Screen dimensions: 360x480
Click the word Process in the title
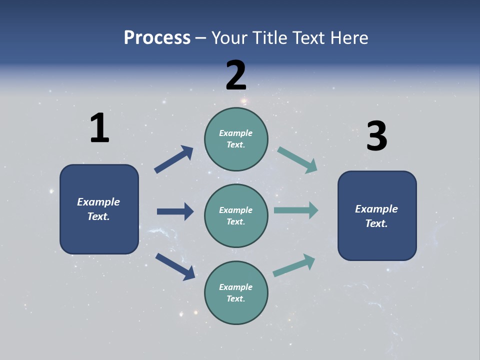(x=157, y=38)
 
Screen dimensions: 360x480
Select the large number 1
(x=99, y=128)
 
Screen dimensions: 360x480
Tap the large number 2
(x=236, y=75)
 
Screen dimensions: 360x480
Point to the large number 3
(x=376, y=136)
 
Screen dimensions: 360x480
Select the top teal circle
(x=236, y=139)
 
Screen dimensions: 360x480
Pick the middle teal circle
(x=236, y=215)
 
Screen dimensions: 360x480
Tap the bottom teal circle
(x=236, y=292)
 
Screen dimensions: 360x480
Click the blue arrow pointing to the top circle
(x=174, y=159)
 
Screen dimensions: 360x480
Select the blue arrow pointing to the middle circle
(x=175, y=211)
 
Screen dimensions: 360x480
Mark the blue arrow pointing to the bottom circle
(x=175, y=266)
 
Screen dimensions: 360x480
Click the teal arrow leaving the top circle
(x=297, y=160)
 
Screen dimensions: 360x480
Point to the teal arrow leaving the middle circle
(x=296, y=210)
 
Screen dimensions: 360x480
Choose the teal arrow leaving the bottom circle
(x=294, y=265)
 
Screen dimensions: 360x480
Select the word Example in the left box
(x=98, y=202)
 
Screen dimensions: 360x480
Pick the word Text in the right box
(x=376, y=223)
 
